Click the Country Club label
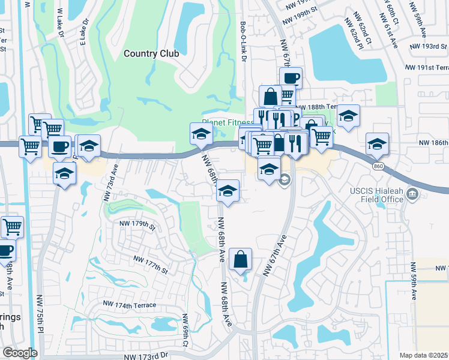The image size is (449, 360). pos(151,53)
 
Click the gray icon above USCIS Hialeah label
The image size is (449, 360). pos(412,194)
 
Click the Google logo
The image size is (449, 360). pos(20,353)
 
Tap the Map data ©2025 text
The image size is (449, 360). pos(423,355)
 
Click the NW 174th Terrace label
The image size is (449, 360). pos(129,305)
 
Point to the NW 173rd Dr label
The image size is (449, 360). pos(147,356)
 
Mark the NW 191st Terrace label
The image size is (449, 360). pos(427,68)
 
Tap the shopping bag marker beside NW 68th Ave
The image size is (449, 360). pos(240,260)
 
